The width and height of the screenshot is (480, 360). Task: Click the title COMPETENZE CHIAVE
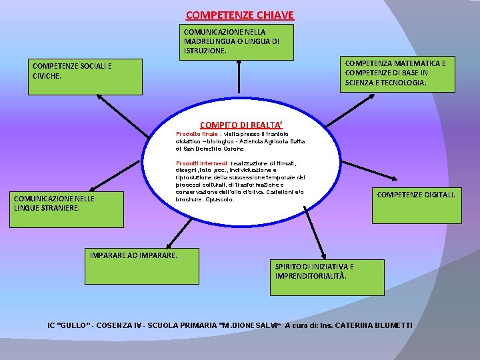(x=239, y=15)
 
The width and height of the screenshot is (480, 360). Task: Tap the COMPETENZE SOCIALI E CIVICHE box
(x=87, y=77)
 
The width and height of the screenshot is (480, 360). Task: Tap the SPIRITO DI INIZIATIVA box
(x=327, y=277)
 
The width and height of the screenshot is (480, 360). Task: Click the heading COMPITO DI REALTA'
(x=241, y=125)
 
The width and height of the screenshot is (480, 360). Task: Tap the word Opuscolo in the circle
(x=221, y=199)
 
